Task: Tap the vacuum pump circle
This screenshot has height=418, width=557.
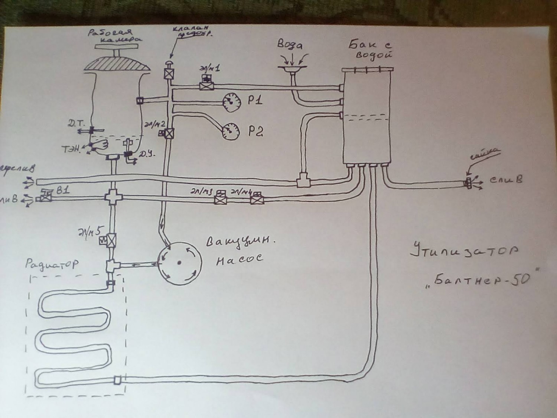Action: click(x=179, y=263)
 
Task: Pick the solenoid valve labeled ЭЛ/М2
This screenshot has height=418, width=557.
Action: click(x=169, y=133)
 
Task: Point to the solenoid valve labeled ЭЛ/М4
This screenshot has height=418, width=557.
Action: click(x=256, y=200)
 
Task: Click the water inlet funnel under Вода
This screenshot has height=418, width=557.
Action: click(x=292, y=69)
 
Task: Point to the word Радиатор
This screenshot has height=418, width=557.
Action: click(x=52, y=265)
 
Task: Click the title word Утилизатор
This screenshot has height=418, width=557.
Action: click(x=464, y=251)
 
